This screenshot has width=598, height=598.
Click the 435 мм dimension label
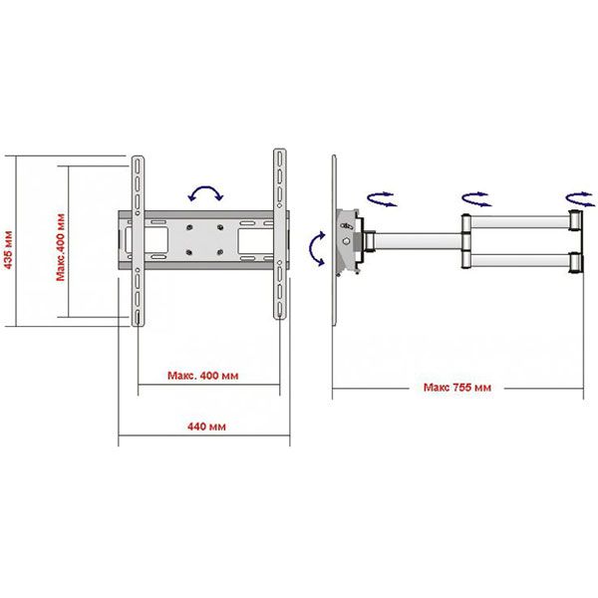[x=8, y=250]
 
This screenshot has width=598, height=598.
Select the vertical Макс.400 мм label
[x=61, y=247]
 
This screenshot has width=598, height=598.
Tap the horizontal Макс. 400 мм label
[x=203, y=376]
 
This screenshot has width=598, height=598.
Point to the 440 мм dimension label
[x=206, y=427]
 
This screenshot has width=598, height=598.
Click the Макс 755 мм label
[x=457, y=388]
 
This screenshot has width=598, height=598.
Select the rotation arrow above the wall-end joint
[x=580, y=199]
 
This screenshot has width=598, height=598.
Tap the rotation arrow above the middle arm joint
[x=476, y=199]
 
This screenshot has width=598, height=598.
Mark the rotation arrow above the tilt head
[x=382, y=199]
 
